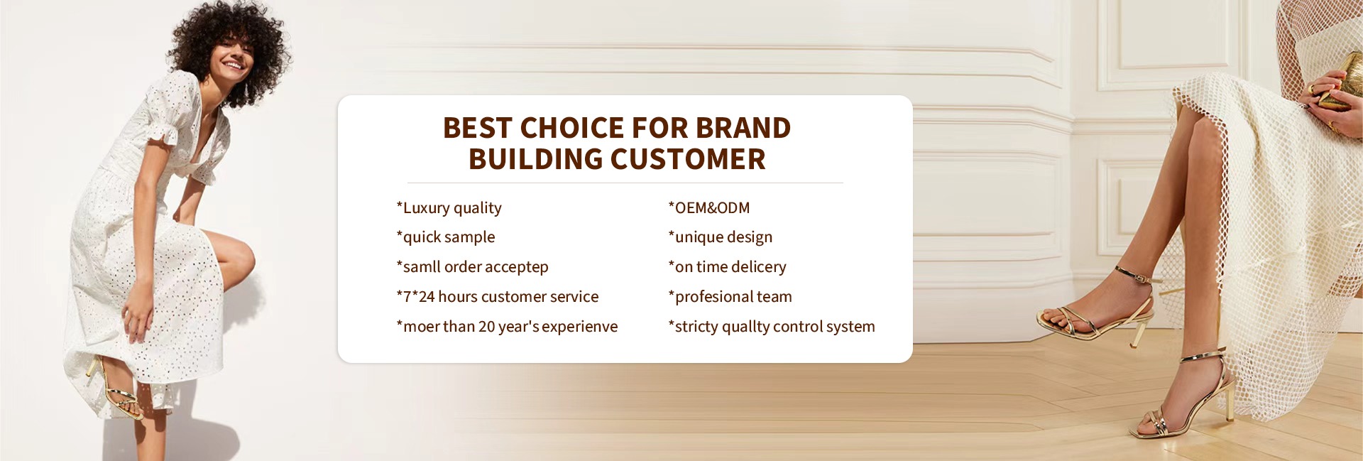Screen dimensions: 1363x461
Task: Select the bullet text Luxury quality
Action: pyautogui.click(x=449, y=208)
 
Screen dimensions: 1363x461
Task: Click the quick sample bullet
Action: pyautogui.click(x=446, y=237)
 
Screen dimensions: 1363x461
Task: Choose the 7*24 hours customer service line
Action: pyautogui.click(x=498, y=297)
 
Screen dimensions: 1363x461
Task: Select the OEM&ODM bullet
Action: pyautogui.click(x=709, y=208)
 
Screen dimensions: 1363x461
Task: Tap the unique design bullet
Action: pyautogui.click(x=721, y=237)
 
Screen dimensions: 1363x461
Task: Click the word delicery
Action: pyautogui.click(x=758, y=267)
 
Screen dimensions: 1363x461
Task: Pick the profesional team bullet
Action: pyautogui.click(x=730, y=297)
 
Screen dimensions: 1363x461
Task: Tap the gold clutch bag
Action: pyautogui.click(x=1339, y=82)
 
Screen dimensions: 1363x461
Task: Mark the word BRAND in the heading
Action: pyautogui.click(x=743, y=128)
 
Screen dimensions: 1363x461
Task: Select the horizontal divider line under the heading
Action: pyautogui.click(x=625, y=183)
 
